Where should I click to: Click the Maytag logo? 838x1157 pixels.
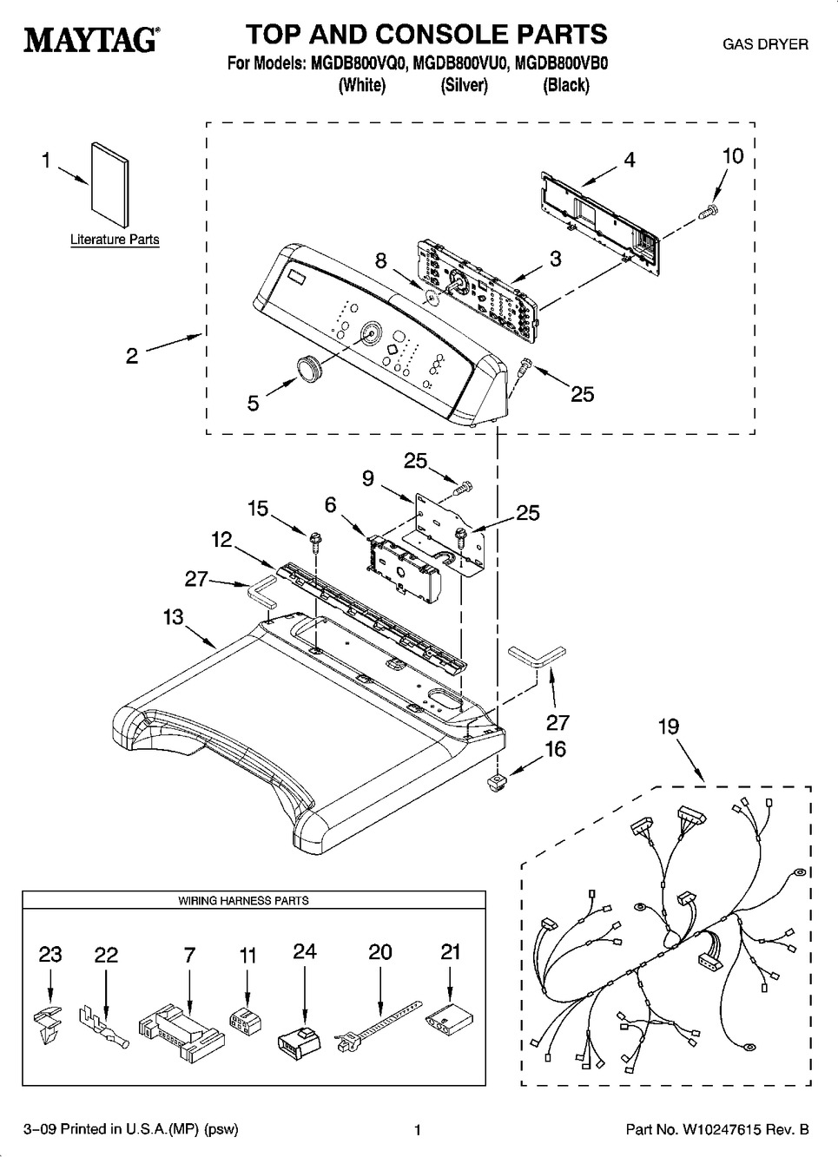pyautogui.click(x=89, y=40)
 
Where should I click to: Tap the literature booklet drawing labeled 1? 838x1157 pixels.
pyautogui.click(x=109, y=188)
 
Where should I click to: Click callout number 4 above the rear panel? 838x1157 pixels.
pyautogui.click(x=630, y=160)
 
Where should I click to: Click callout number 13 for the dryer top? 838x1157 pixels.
pyautogui.click(x=174, y=616)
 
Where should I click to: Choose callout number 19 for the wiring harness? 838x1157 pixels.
pyautogui.click(x=669, y=726)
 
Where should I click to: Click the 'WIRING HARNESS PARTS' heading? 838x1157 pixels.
pyautogui.click(x=243, y=901)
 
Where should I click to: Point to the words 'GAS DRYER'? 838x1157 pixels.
pyautogui.click(x=765, y=43)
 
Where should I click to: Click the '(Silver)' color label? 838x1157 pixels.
pyautogui.click(x=464, y=85)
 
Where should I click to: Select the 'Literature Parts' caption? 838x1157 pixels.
pyautogui.click(x=115, y=240)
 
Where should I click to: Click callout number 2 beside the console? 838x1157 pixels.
pyautogui.click(x=132, y=355)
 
